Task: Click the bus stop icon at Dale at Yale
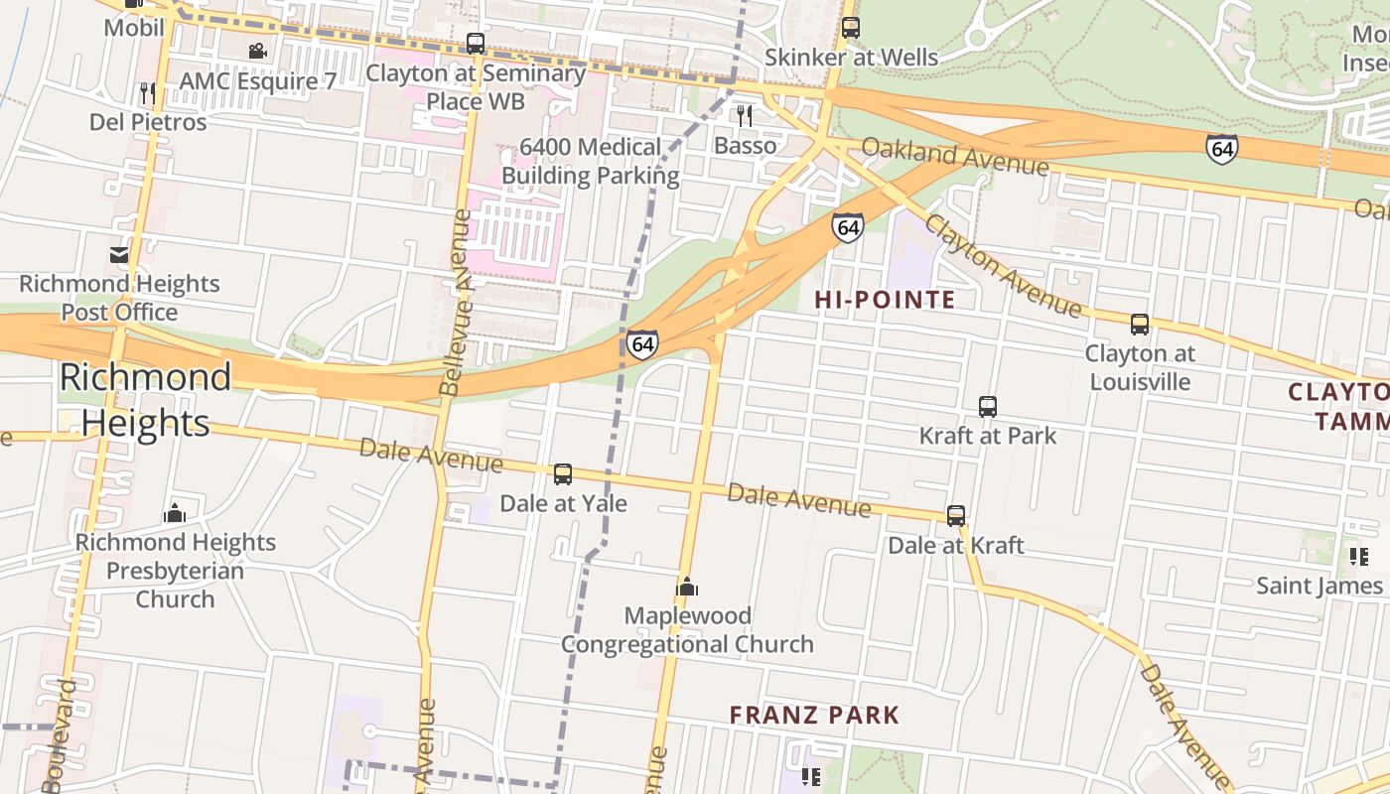[x=563, y=474]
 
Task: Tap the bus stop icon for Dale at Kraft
[x=956, y=516]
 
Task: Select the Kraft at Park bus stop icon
[x=988, y=407]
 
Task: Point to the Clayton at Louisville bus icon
[x=1140, y=325]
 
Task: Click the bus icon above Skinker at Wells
[x=851, y=28]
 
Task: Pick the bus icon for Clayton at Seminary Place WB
[x=476, y=44]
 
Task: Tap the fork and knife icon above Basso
[x=745, y=116]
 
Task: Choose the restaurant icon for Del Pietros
[x=148, y=93]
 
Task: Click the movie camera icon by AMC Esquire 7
[x=257, y=51]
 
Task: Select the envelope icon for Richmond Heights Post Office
[x=119, y=255]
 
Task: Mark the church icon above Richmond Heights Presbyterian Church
[x=176, y=513]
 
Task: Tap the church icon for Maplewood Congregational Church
[x=687, y=587]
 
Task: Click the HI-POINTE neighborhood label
[x=885, y=300]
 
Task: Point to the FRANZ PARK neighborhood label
[x=814, y=715]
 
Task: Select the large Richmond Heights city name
[x=145, y=399]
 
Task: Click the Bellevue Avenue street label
[x=458, y=303]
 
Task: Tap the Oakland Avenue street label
[x=954, y=156]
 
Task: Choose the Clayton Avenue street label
[x=1002, y=265]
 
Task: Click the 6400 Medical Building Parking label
[x=591, y=162]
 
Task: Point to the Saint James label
[x=1319, y=586]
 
